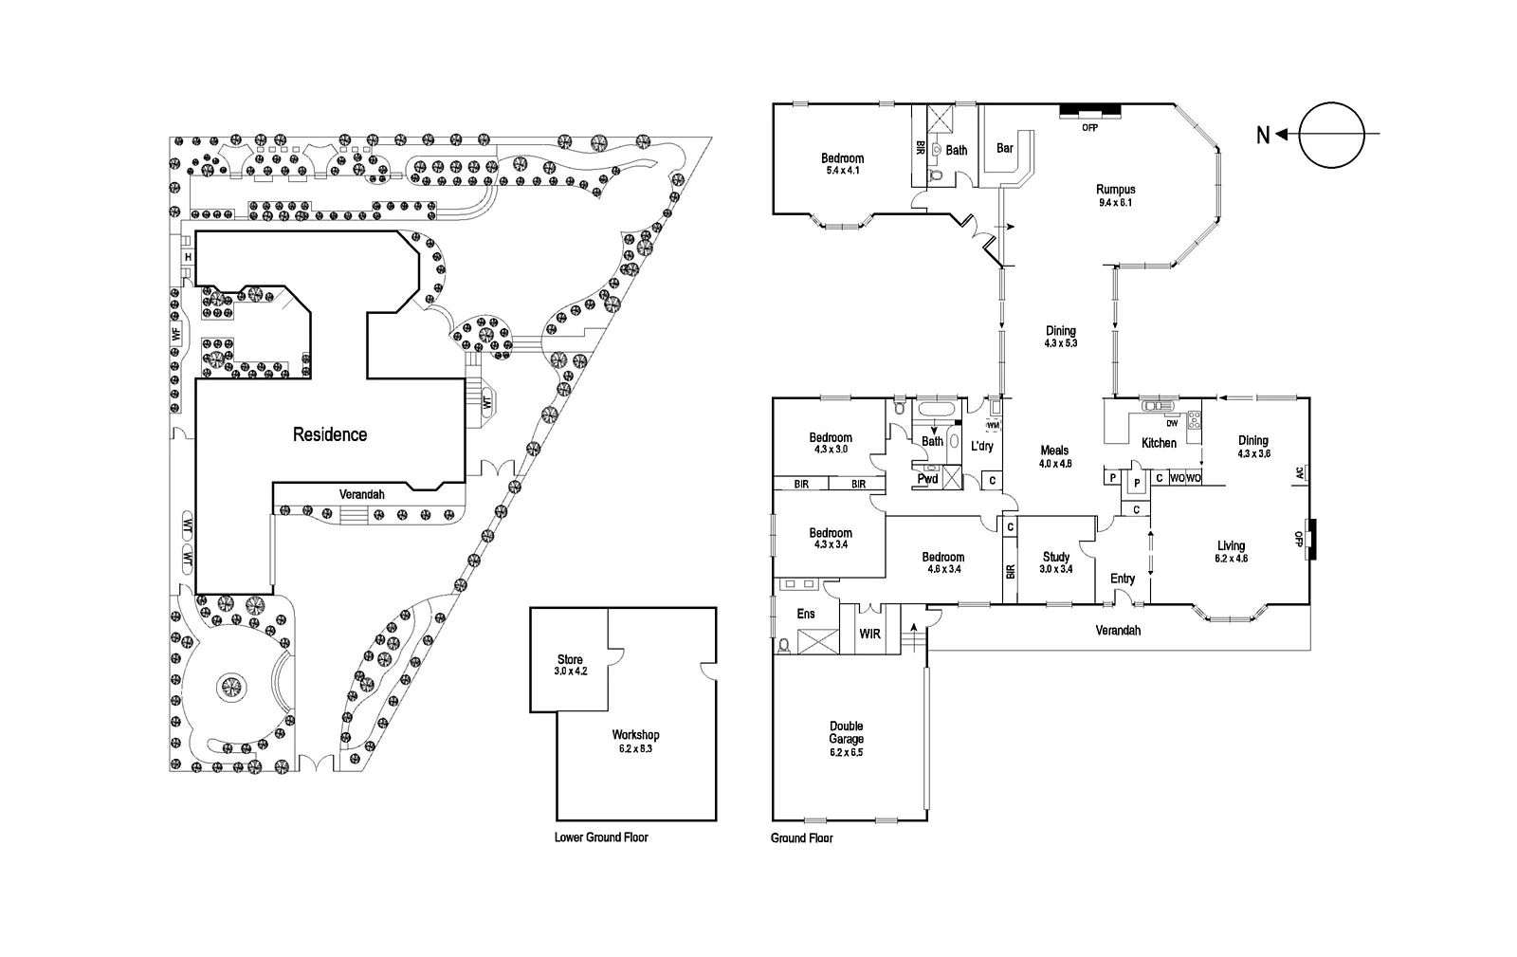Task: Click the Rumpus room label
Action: (x=1115, y=190)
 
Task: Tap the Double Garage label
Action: (x=846, y=732)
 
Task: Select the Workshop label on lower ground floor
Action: (x=635, y=735)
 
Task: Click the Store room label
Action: (x=570, y=659)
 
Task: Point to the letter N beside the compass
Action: (x=1262, y=136)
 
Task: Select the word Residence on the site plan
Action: (x=329, y=434)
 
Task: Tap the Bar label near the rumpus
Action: (x=1005, y=149)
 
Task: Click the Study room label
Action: (x=1055, y=558)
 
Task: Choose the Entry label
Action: (x=1123, y=579)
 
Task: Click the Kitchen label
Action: (x=1159, y=443)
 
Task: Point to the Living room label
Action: (x=1231, y=546)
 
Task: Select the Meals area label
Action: (x=1054, y=451)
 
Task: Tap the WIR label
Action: (x=870, y=632)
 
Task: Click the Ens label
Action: (x=806, y=614)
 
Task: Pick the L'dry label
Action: (x=981, y=447)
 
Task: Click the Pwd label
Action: (x=927, y=479)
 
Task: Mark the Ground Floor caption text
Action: (x=801, y=837)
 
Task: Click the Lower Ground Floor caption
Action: (x=601, y=837)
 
